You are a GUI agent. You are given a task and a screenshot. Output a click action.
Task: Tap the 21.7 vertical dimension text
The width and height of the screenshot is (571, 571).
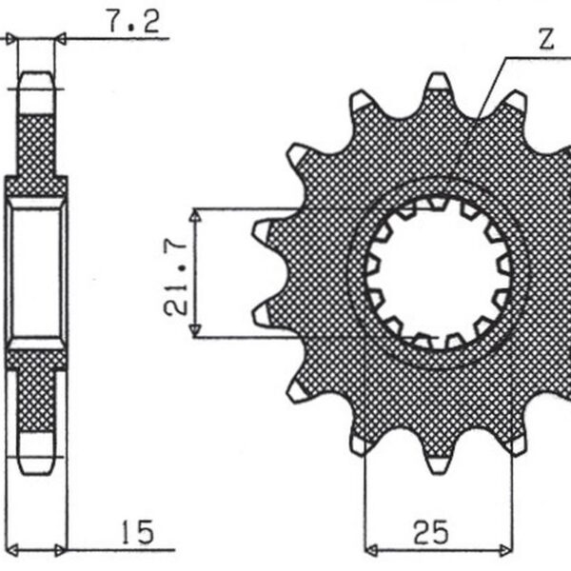pos(174,271)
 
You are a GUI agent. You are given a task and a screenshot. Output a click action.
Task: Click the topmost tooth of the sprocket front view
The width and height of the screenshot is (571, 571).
pos(439,85)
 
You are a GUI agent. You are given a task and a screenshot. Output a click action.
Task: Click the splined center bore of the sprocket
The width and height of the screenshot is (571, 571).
pos(443,272)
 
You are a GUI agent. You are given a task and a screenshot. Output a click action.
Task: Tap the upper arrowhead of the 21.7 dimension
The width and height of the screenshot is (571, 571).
pos(195,215)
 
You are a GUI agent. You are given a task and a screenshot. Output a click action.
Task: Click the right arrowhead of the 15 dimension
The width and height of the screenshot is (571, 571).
pos(61,549)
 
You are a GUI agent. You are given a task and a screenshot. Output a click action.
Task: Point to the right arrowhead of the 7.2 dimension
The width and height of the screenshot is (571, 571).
pos(61,39)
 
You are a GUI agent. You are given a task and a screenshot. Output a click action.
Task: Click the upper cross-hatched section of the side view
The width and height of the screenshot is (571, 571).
pos(37,143)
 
